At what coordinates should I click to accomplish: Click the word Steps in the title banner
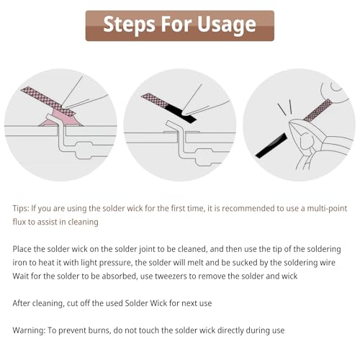[129, 24]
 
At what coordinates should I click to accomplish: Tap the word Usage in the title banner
[226, 25]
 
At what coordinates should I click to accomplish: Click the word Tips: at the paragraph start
[21, 208]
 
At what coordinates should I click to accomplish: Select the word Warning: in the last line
[29, 330]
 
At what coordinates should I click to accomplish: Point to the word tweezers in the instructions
[171, 276]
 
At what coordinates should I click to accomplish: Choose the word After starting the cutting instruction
[22, 303]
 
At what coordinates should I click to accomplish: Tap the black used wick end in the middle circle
[181, 113]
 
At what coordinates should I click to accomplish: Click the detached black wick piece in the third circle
[271, 145]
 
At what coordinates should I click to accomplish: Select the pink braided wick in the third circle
[318, 110]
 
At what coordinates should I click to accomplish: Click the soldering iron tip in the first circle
[63, 106]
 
